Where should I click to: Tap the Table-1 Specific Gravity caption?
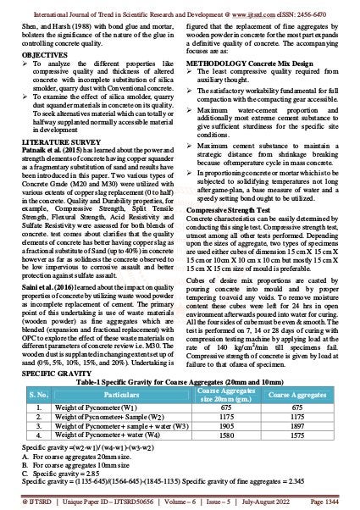click(x=180, y=381)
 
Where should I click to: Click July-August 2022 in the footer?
click(x=262, y=502)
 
